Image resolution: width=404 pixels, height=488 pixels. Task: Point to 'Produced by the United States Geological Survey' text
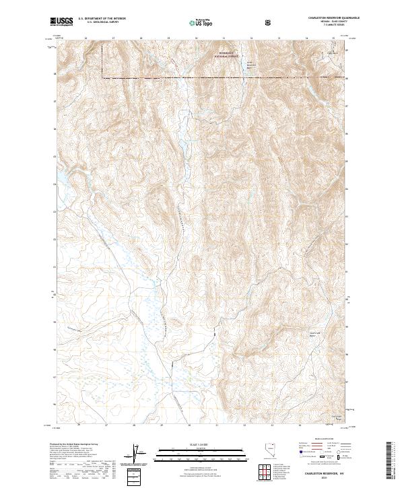70,445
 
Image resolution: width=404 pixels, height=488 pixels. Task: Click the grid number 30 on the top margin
196,38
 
